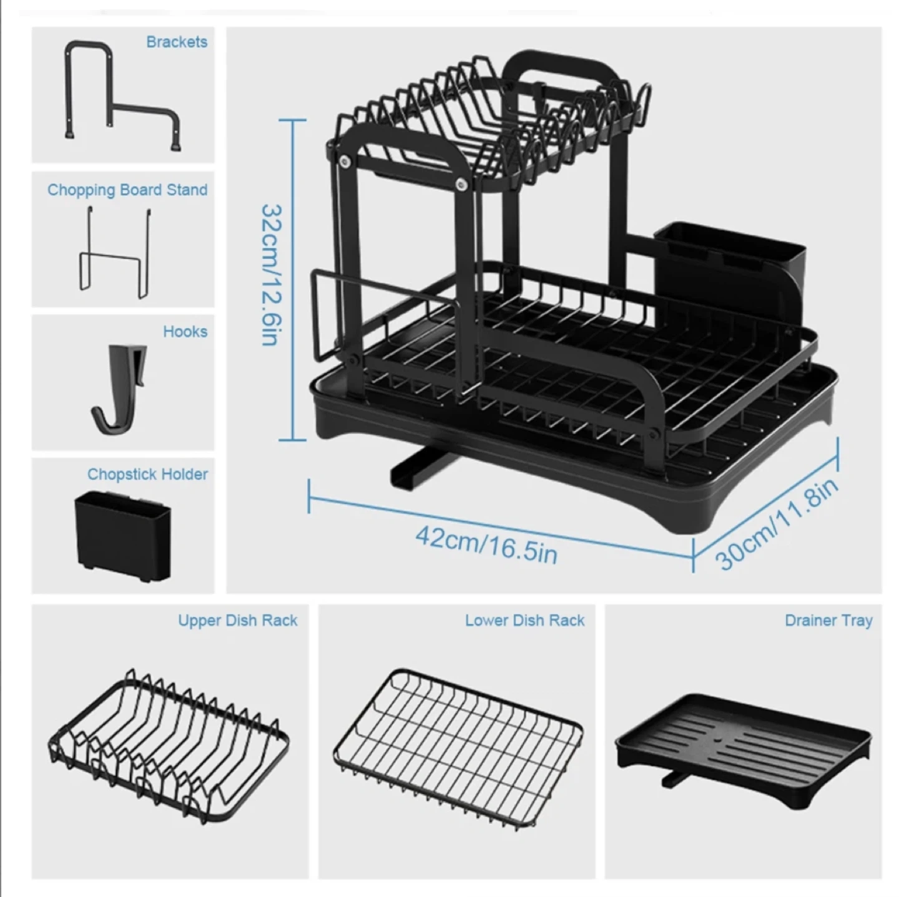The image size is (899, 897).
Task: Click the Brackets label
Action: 177,42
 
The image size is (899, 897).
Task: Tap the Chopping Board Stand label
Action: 127,190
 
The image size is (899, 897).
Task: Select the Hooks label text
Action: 185,331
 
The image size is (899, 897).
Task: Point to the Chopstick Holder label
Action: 147,474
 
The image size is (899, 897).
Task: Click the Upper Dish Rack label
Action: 237,620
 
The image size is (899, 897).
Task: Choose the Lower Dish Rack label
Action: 524,620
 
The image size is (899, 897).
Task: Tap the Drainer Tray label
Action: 828,621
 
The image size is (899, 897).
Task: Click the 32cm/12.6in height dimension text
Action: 271,274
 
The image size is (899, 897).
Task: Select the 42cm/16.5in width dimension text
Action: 486,545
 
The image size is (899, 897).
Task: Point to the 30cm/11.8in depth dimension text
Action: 777,524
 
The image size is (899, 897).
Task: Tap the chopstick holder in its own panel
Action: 123,535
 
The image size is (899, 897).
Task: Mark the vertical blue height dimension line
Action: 293,279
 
